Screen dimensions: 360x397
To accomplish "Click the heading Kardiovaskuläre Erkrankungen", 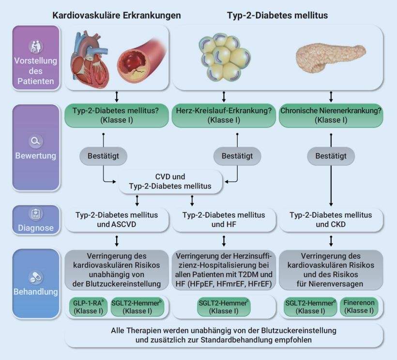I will (117, 16).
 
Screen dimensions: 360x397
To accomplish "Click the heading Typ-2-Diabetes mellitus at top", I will (277, 16).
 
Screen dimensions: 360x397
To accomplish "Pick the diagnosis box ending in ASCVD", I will (117, 219).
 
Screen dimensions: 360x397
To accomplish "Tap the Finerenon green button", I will (358, 306).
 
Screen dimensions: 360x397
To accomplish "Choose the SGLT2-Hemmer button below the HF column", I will (224, 306).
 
